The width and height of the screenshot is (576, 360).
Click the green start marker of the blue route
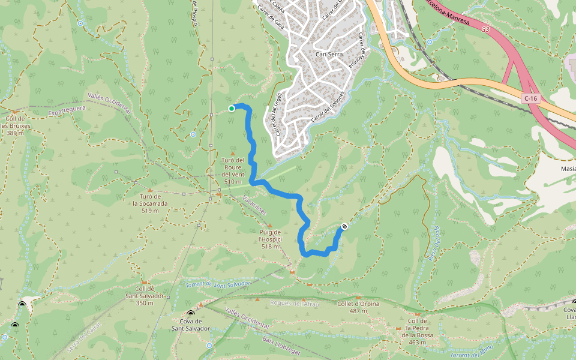pyautogui.click(x=232, y=108)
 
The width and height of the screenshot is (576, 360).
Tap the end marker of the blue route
pyautogui.click(x=344, y=226)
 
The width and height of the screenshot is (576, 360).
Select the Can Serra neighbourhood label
pyautogui.click(x=329, y=54)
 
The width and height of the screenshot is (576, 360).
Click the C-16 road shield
pyautogui.click(x=530, y=98)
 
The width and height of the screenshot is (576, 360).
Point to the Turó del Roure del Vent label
pyautogui.click(x=232, y=170)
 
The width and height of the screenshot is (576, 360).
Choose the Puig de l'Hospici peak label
pyautogui.click(x=270, y=239)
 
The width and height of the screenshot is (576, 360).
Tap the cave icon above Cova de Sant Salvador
pyautogui.click(x=191, y=314)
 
